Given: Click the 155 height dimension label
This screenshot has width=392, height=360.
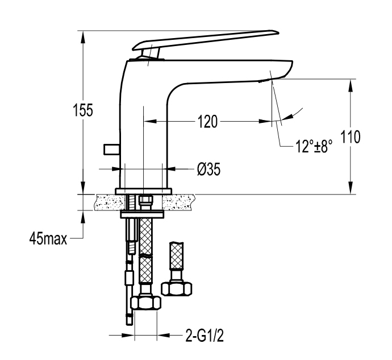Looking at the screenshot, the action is (x=83, y=110).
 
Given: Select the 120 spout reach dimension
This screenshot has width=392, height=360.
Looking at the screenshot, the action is (x=208, y=122).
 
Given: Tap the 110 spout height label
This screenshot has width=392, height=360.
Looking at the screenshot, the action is (x=351, y=137).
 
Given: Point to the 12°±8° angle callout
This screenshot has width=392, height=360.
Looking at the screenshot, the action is (x=314, y=146).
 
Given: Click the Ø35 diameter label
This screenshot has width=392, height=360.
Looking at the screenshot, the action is (x=208, y=169).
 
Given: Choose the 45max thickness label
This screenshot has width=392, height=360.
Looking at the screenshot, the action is (x=48, y=238).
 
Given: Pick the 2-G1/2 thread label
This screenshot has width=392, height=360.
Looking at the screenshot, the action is (x=205, y=336).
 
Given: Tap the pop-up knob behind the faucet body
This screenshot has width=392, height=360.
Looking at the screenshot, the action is (x=111, y=149).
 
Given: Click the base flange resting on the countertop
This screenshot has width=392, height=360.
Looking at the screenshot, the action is (x=144, y=191).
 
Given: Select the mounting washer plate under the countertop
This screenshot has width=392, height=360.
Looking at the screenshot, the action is (x=142, y=214).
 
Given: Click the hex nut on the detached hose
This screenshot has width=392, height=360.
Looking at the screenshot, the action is (x=177, y=288).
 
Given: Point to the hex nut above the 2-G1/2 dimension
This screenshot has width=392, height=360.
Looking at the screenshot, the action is (x=146, y=303).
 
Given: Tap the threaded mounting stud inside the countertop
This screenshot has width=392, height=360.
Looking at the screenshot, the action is (x=131, y=202).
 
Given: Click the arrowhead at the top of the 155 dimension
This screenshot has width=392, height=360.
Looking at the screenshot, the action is (x=83, y=37).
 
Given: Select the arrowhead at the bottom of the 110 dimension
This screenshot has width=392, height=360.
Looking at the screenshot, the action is (x=351, y=188).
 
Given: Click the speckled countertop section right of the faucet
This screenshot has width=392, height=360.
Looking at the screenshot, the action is (x=178, y=202).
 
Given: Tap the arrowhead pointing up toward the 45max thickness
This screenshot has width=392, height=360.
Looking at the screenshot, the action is (x=83, y=216).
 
